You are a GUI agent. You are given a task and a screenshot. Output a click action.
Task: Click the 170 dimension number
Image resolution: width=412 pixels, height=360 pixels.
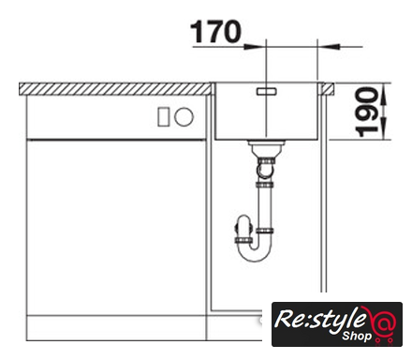click(x=215, y=32)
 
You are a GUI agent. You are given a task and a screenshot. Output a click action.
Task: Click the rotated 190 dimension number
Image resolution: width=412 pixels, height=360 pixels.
click(x=367, y=112)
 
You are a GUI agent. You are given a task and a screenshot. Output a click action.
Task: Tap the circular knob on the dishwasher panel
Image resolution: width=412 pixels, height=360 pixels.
click(x=184, y=116)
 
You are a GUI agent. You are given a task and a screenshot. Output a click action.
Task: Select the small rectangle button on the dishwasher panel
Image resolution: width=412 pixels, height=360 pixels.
click(x=164, y=116)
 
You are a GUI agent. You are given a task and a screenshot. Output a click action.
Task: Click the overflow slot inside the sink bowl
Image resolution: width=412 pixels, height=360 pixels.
click(x=266, y=91)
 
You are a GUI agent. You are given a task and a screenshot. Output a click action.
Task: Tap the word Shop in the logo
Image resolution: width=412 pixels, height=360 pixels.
click(x=357, y=337)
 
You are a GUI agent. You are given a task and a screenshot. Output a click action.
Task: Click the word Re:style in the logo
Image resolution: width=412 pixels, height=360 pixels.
click(x=320, y=320)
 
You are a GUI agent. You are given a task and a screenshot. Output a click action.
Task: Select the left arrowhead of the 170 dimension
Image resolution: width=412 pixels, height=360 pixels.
click(x=254, y=47)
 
